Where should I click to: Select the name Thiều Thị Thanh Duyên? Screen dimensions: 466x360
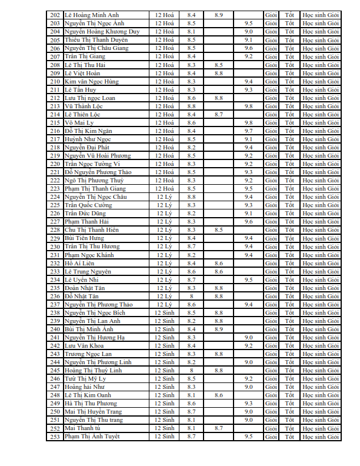96,40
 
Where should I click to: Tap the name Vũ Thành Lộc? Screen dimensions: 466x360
85,106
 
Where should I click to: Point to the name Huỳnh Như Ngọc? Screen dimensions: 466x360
88,139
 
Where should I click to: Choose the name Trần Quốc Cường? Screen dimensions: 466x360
89,205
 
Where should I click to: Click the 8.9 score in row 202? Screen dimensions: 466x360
218,15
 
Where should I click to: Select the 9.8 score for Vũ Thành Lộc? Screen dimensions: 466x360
248,106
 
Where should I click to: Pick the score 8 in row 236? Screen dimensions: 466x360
191,296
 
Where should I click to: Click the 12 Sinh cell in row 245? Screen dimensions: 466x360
164,370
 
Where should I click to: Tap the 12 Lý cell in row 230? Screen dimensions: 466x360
164,247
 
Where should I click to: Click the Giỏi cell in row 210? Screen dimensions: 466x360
271,81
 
